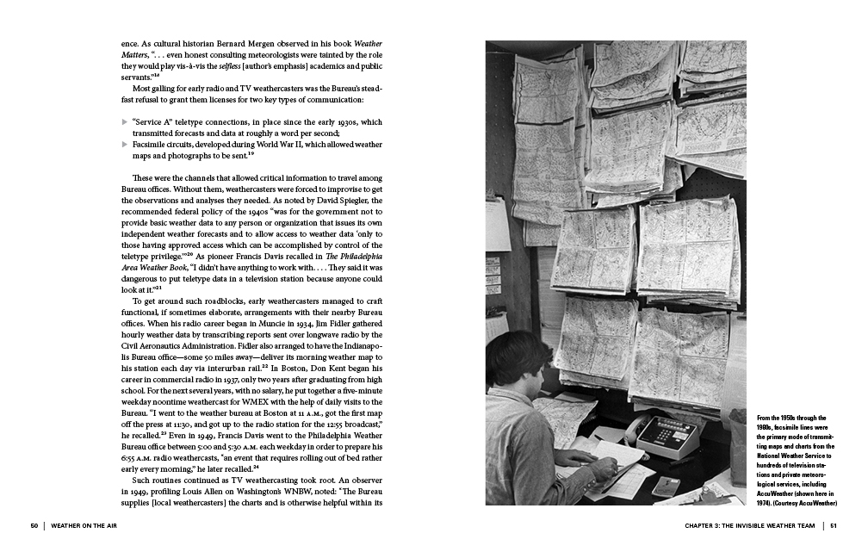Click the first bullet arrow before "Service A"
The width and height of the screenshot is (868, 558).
124,122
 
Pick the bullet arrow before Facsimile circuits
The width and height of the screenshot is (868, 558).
124,144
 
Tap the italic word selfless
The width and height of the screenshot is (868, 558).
229,65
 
